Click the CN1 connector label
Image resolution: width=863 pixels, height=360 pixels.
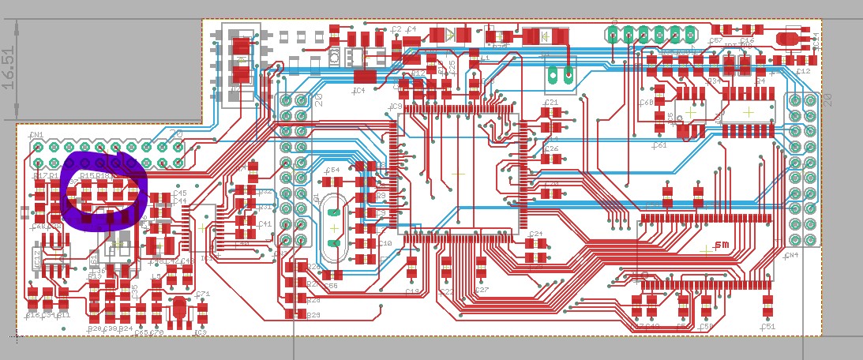coord(36,136)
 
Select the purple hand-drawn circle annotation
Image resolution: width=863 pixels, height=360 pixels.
coord(103,193)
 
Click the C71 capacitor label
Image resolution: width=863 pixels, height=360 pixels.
coord(203,294)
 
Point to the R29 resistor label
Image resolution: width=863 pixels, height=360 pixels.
coord(313,315)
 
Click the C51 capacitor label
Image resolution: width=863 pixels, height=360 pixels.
coord(767,325)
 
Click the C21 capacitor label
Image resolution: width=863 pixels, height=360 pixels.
coord(551,103)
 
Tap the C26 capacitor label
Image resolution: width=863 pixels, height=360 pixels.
coord(551,148)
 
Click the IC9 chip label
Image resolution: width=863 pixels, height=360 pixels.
coord(396,106)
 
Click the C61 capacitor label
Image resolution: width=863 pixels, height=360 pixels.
coord(660,145)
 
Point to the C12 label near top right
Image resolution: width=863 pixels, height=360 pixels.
coord(803,71)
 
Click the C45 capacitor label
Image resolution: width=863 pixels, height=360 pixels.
coord(180,193)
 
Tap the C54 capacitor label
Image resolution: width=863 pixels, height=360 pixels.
coord(332,170)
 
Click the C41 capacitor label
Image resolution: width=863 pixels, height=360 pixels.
coord(265,224)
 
